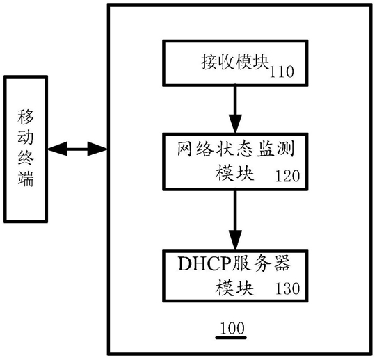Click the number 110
(x=282, y=72)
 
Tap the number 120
(x=287, y=176)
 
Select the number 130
(x=287, y=288)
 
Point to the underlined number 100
(x=232, y=328)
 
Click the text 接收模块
(x=235, y=62)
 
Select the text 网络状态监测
(x=236, y=149)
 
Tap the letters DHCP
(x=204, y=263)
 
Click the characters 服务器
(x=260, y=263)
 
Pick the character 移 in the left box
(x=26, y=117)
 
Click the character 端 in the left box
(x=26, y=179)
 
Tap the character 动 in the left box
(x=26, y=138)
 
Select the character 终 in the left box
(x=26, y=158)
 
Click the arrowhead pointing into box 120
(x=235, y=124)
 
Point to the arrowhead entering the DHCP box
(x=235, y=240)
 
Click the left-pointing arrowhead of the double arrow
(x=58, y=149)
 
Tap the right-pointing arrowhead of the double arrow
(x=97, y=149)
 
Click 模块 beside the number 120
(x=234, y=173)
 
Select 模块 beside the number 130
(x=234, y=288)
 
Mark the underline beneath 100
(x=231, y=338)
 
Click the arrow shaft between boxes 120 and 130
(x=235, y=211)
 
